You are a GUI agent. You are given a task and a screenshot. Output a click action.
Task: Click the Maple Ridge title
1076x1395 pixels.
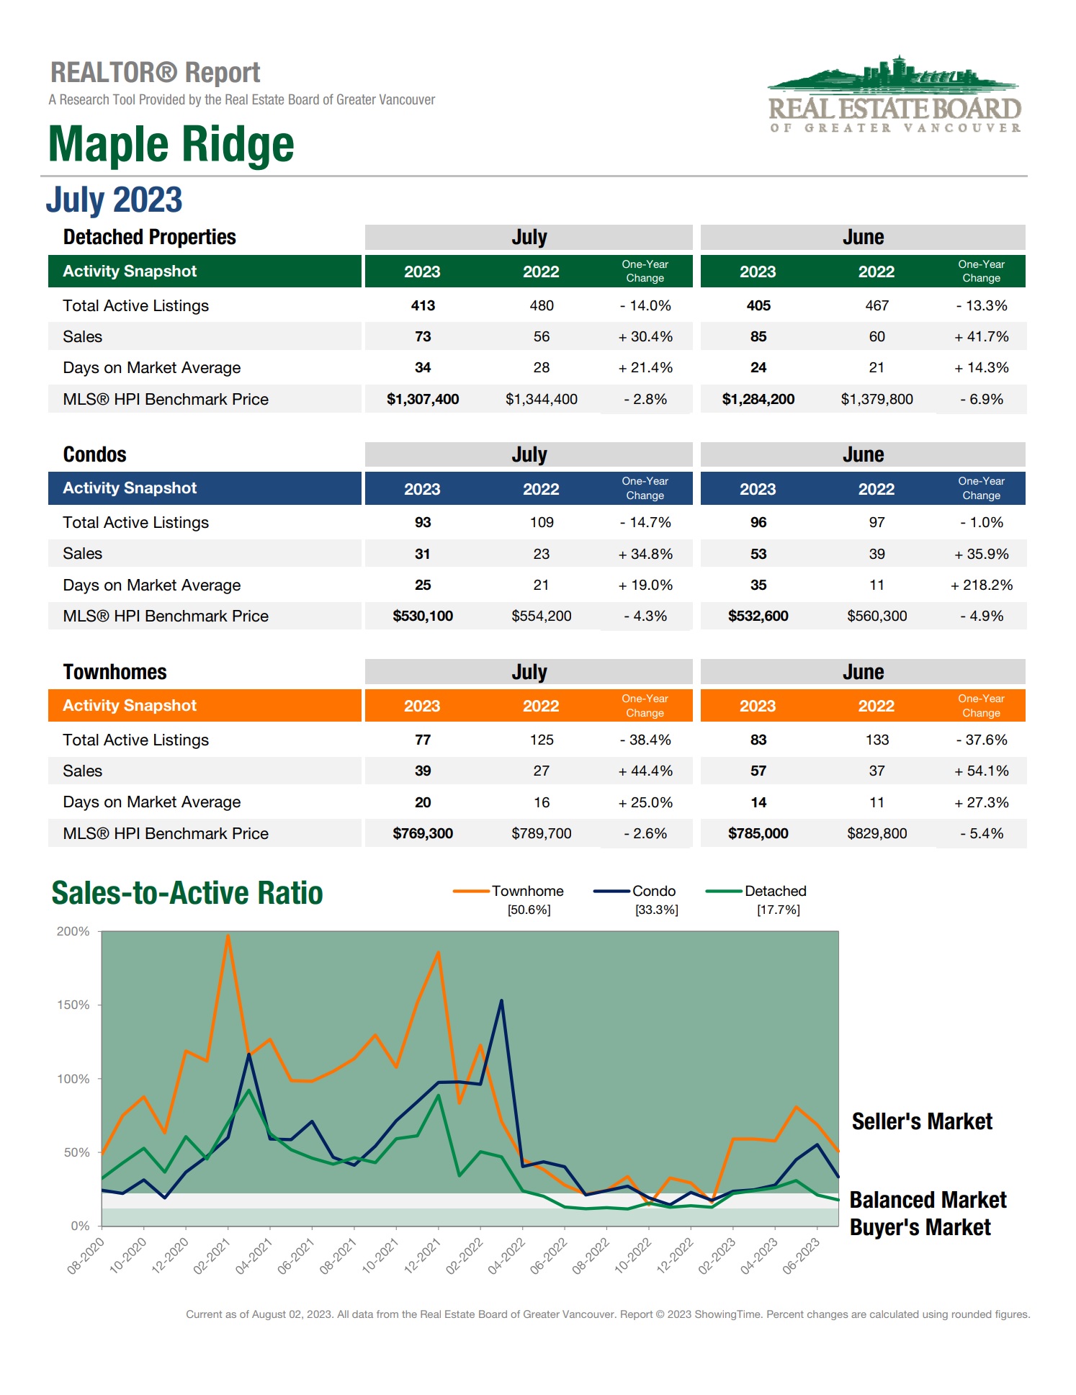pyautogui.click(x=171, y=144)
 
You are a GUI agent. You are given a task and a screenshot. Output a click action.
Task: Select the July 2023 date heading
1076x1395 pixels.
pyautogui.click(x=114, y=199)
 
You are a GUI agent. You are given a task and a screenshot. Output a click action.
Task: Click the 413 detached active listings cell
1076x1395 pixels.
pyautogui.click(x=423, y=305)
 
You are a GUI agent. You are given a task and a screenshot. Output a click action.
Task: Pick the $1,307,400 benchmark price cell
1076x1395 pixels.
pyautogui.click(x=423, y=399)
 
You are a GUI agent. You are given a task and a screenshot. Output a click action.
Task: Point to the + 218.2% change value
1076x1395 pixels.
pyautogui.click(x=981, y=585)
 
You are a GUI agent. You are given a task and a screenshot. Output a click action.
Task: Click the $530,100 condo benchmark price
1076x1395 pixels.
pyautogui.click(x=423, y=616)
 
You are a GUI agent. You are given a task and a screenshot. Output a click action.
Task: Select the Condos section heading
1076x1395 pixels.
pyautogui.click(x=94, y=454)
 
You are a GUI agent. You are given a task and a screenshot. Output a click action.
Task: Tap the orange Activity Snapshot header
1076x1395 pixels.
pyautogui.click(x=205, y=705)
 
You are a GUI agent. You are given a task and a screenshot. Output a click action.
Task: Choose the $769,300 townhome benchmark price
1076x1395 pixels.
pyautogui.click(x=423, y=833)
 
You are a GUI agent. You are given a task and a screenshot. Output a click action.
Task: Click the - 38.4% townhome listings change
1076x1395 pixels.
pyautogui.click(x=645, y=740)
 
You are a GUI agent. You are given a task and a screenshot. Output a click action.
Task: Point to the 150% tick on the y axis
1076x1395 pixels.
pyautogui.click(x=73, y=1005)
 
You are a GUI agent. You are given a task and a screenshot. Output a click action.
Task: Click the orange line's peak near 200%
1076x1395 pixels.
pyautogui.click(x=228, y=936)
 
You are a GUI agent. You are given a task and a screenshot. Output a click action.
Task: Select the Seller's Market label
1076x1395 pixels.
pyautogui.click(x=922, y=1121)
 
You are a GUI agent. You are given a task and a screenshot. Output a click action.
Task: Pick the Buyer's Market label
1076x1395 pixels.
pyautogui.click(x=920, y=1227)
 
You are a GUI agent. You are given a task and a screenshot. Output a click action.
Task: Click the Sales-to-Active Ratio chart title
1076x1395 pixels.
pyautogui.click(x=187, y=893)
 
